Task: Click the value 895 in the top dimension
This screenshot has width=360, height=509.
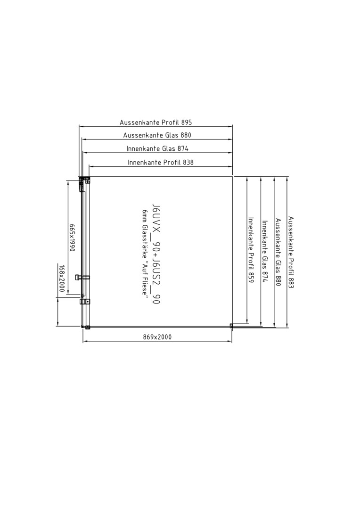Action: (187, 123)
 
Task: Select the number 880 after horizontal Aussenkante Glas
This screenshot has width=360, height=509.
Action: (186, 135)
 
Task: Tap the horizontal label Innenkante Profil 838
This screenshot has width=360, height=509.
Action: (161, 162)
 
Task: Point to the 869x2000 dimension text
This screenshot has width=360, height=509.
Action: (157, 337)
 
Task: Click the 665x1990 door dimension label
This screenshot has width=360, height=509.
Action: (72, 237)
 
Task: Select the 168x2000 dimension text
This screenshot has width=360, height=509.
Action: (62, 278)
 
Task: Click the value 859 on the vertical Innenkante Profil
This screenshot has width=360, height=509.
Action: (250, 277)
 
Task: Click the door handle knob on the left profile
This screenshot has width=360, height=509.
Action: (77, 277)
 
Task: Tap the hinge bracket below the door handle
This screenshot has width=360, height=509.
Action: (85, 302)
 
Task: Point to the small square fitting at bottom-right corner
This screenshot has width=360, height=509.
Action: (231, 325)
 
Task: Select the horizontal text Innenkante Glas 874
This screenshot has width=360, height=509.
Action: (157, 148)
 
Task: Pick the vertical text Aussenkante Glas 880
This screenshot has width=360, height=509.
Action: (278, 252)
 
